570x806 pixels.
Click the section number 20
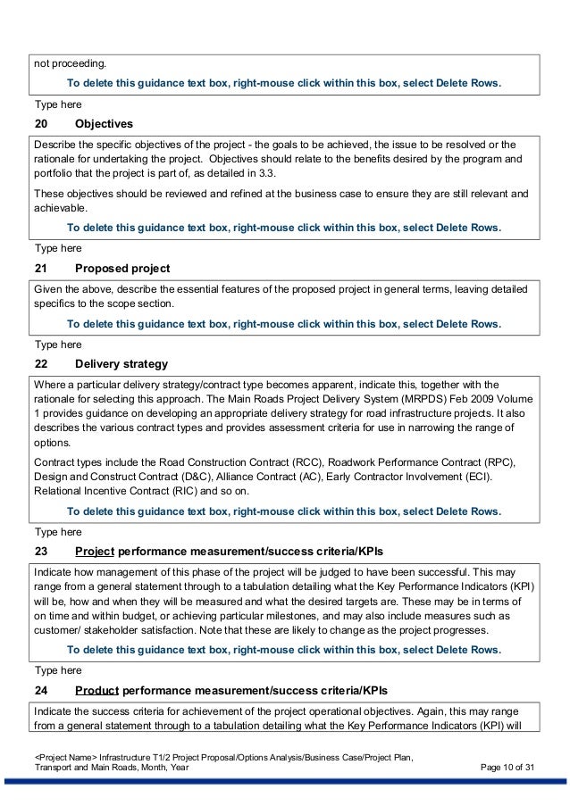(41, 122)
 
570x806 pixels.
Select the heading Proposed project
(123, 269)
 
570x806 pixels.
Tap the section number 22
(41, 364)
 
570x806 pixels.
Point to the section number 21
(41, 269)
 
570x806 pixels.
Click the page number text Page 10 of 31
(507, 770)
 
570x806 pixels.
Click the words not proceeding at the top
(69, 64)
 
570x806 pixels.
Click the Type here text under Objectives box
(57, 247)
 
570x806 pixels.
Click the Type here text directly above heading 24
(57, 669)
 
